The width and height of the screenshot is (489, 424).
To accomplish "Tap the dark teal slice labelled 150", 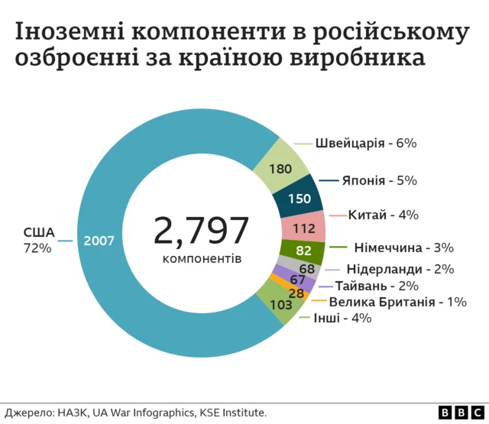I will tap(298, 199).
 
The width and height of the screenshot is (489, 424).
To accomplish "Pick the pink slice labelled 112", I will tap(303, 228).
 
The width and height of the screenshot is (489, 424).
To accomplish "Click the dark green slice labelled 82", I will tap(303, 251).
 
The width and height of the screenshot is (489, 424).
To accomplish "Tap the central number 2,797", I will tap(202, 230).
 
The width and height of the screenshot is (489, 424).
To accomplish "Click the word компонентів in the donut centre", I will tap(202, 259).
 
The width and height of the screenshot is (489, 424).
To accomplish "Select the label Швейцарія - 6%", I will tap(365, 143).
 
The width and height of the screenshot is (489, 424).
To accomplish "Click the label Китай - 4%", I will tap(383, 215).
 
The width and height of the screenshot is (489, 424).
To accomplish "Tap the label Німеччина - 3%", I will tap(403, 248).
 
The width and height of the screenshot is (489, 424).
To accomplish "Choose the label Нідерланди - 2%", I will tap(400, 269).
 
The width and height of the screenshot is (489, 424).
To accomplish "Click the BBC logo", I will tap(455, 413).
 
